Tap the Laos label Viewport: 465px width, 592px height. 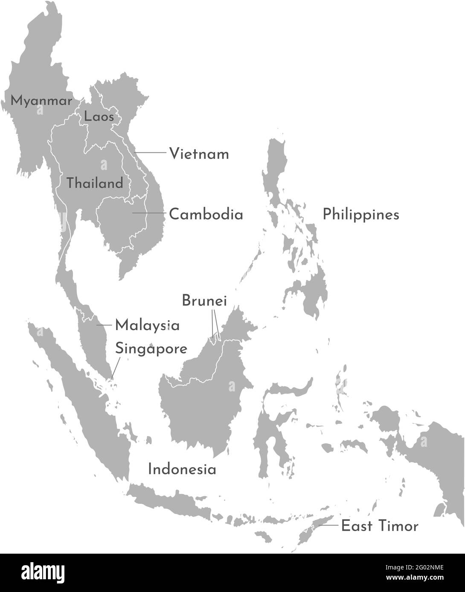pyautogui.click(x=99, y=116)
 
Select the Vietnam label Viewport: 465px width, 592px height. pyautogui.click(x=199, y=154)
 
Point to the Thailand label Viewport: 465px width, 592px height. pyautogui.click(x=95, y=184)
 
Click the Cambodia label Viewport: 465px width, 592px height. pyautogui.click(x=206, y=214)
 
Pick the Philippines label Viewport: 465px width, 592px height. pyautogui.click(x=360, y=214)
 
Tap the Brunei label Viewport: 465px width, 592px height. pyautogui.click(x=204, y=300)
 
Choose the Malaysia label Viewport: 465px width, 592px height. pyautogui.click(x=147, y=326)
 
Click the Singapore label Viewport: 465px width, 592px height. pyautogui.click(x=151, y=349)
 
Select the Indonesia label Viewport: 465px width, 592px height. pyautogui.click(x=182, y=470)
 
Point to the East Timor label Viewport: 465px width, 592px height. pyautogui.click(x=380, y=526)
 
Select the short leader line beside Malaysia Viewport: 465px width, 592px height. pyautogui.click(x=103, y=325)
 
